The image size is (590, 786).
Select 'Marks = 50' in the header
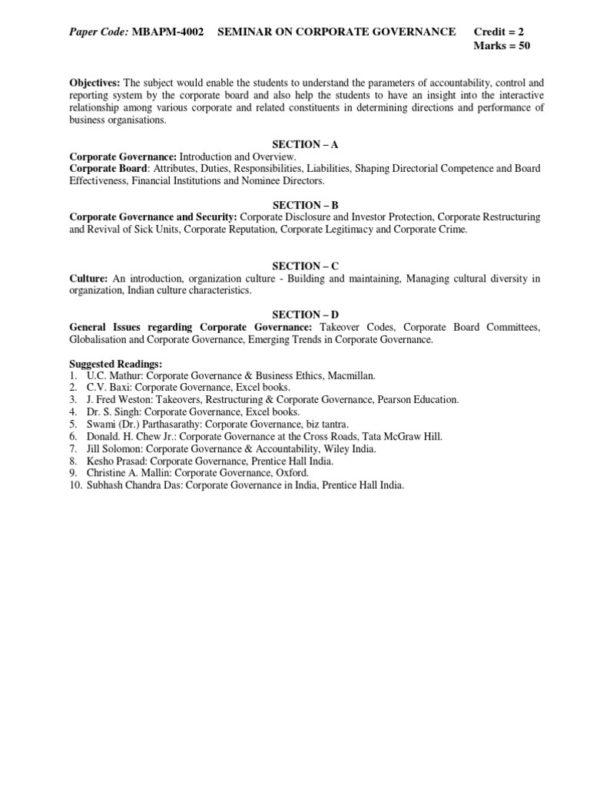coord(502,45)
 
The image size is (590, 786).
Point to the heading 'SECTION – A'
coord(306,144)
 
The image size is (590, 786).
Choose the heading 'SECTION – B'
coord(306,205)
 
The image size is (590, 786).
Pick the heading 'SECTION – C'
coord(306,266)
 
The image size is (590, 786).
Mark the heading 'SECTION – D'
coord(306,315)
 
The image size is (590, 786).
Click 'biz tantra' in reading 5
coord(325,424)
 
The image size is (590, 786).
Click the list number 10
coord(75,486)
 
